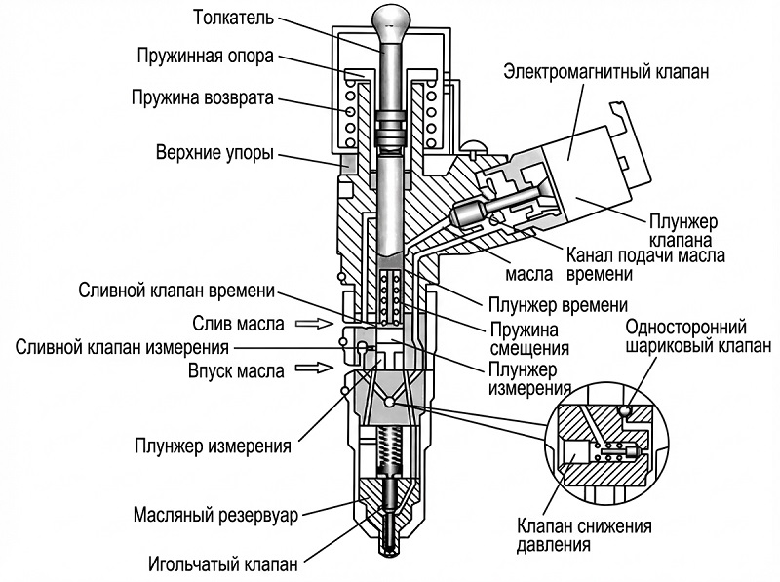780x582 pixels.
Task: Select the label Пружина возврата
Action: click(204, 97)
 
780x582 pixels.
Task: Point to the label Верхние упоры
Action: click(214, 153)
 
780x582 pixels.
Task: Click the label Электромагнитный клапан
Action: click(605, 72)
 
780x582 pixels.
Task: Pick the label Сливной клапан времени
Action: click(178, 291)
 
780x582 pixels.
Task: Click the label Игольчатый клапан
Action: click(223, 563)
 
